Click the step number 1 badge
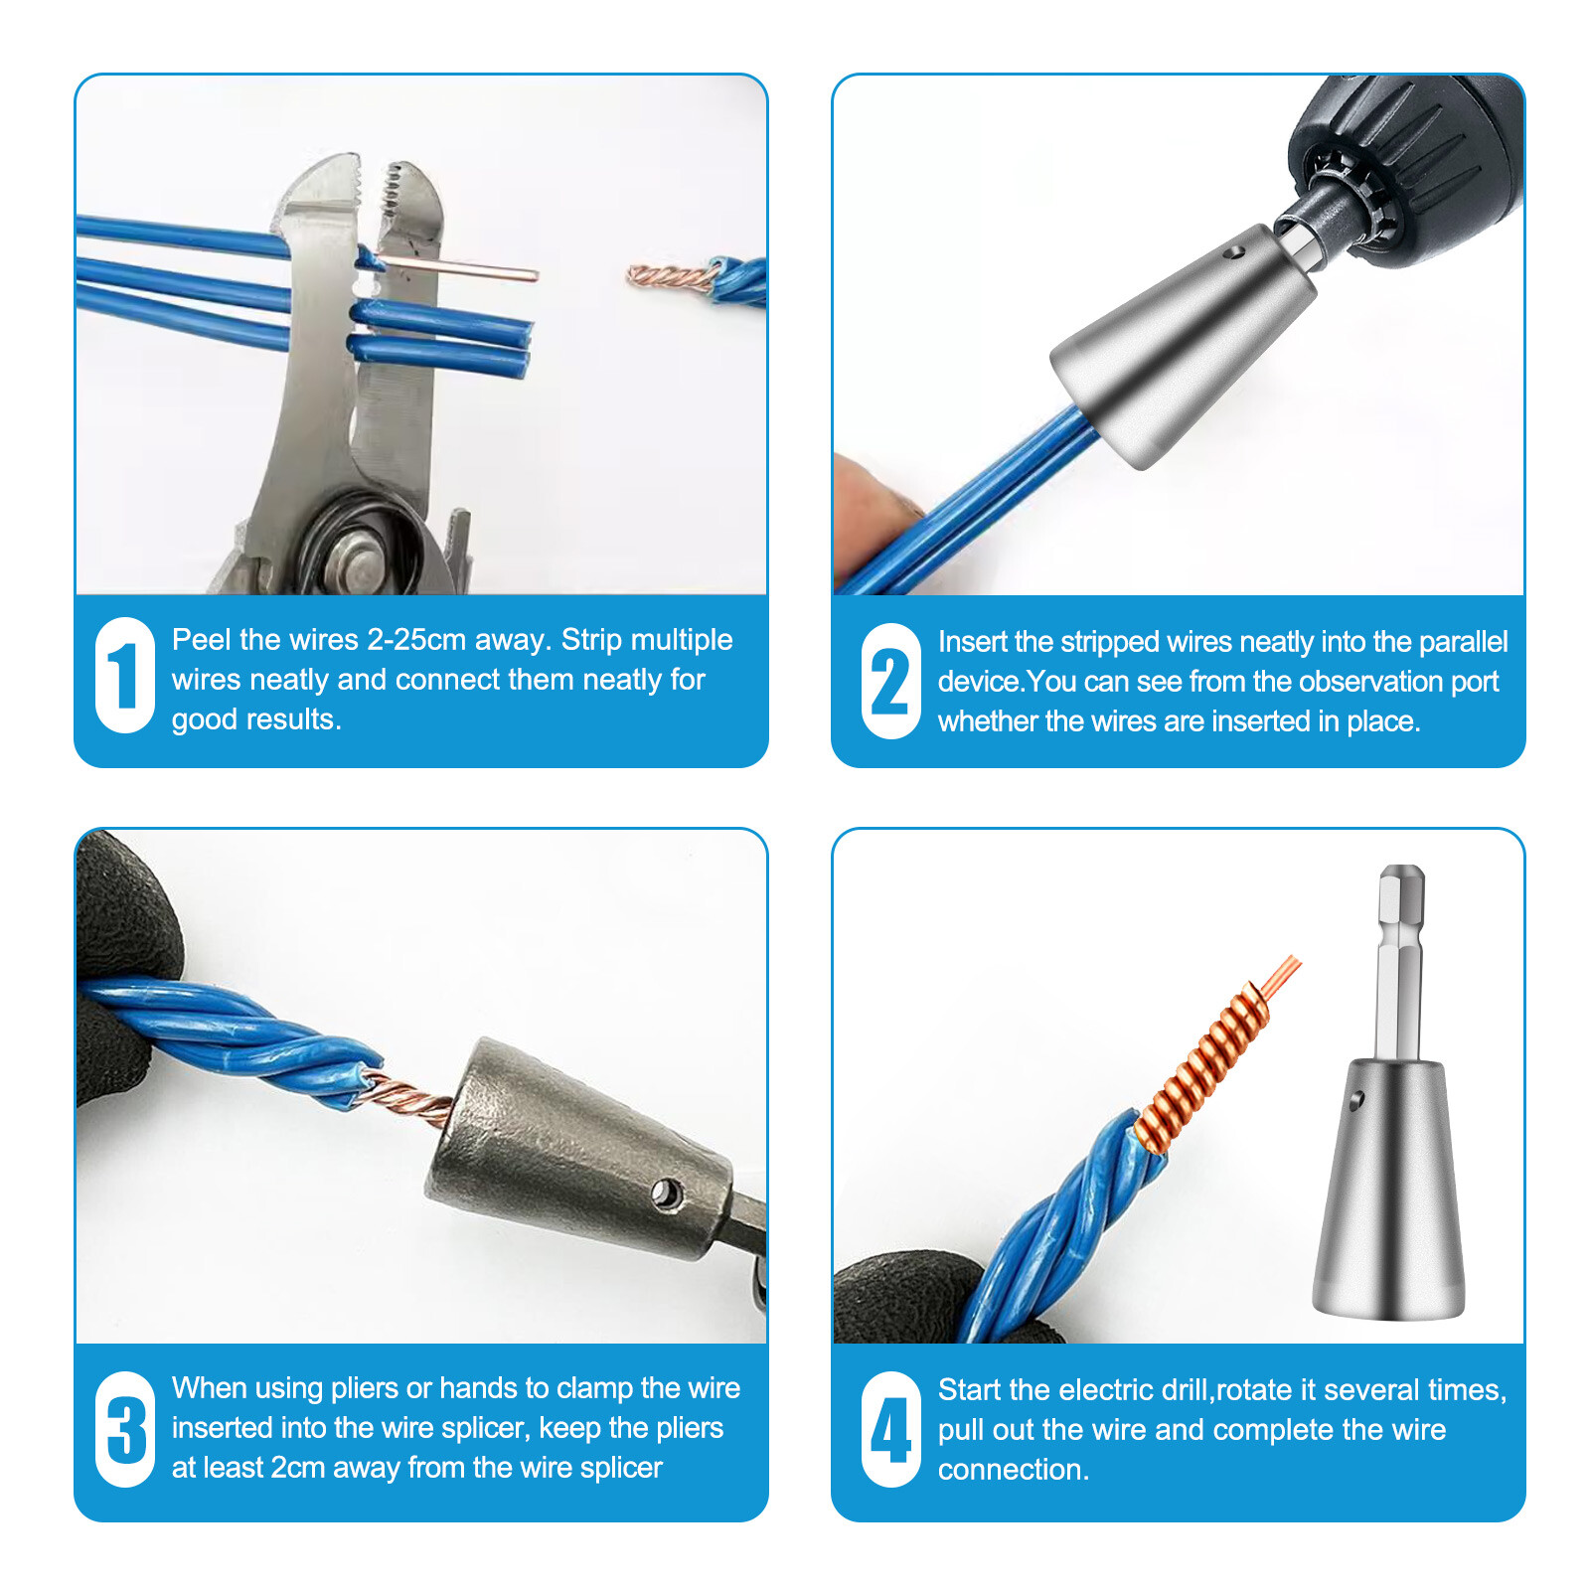coord(124,676)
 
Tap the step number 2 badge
coord(890,681)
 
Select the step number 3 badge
coord(124,1429)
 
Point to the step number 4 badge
coord(890,1429)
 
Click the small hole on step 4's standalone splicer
coord(1356,1099)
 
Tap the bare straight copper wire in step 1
coord(457,266)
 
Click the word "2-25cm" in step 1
coord(415,639)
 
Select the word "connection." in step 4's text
coord(1013,1469)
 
